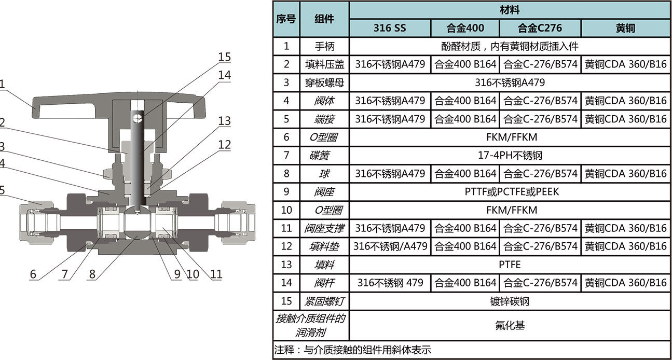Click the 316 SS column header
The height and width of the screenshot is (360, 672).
coord(390,28)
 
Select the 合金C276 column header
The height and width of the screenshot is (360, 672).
coord(540,28)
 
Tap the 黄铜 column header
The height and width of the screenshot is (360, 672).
coord(625,28)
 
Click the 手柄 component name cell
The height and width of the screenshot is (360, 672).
coord(325,46)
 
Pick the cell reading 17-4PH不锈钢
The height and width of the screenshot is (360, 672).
coord(510,155)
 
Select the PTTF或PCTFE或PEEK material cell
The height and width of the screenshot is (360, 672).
coord(510,191)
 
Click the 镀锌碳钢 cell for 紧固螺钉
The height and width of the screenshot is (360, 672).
coord(510,301)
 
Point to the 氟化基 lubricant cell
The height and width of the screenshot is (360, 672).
coord(510,325)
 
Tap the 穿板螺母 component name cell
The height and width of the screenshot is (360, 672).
coord(325,82)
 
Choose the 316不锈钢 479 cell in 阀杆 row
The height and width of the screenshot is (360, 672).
coord(390,283)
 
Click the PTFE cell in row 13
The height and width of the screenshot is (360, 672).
coord(510,265)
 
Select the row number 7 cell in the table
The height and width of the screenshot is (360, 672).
coord(286,155)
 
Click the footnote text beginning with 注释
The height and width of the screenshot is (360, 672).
coord(353,350)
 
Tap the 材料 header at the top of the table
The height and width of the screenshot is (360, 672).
coord(510,10)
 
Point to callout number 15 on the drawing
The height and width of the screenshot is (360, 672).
coord(224,57)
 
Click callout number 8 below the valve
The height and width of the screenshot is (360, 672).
coord(92,274)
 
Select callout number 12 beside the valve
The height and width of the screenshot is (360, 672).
coord(224,145)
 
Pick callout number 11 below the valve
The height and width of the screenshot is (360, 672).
coord(215,274)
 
